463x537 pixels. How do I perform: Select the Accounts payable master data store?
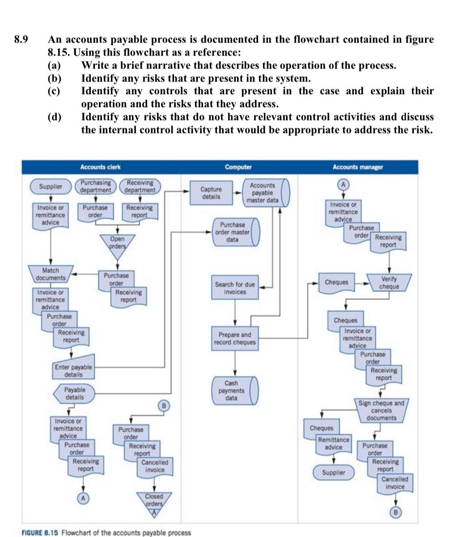point(264,193)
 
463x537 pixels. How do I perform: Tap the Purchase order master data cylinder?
point(234,232)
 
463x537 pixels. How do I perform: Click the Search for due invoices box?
point(235,288)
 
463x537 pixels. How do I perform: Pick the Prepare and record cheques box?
point(235,339)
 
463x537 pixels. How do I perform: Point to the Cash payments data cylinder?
point(234,391)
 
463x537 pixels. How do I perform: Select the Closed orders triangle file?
point(154,500)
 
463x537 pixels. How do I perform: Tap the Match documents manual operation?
point(50,274)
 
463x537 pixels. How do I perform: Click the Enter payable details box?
point(73,371)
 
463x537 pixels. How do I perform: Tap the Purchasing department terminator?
point(96,186)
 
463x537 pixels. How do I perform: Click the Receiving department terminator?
point(140,186)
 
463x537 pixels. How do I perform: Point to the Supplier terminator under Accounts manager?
point(334,473)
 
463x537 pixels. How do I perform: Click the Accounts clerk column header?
point(100,167)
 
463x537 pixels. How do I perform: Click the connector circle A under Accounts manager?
point(343,185)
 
